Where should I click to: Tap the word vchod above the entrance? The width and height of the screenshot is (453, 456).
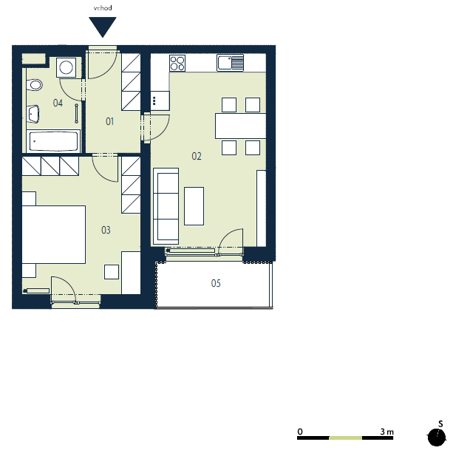click(103, 8)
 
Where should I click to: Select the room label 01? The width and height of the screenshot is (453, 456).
click(109, 121)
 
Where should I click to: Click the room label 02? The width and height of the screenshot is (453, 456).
click(197, 156)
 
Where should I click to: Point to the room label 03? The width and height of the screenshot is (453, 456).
click(106, 230)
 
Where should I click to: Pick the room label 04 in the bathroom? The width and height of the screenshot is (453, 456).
click(58, 103)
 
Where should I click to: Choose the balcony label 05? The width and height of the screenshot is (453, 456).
click(216, 283)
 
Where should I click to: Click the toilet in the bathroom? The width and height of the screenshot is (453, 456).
click(34, 85)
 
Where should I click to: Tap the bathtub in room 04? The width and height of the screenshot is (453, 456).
click(53, 141)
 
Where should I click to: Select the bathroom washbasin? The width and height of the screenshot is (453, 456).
click(33, 114)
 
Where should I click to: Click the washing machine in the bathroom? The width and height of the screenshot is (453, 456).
click(67, 67)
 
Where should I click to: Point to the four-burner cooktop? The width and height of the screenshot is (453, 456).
click(177, 63)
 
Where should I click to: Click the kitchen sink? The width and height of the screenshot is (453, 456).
click(231, 63)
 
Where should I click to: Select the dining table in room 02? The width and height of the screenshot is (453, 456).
click(240, 126)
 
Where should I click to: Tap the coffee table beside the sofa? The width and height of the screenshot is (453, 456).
click(194, 206)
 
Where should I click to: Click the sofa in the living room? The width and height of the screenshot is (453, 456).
click(166, 206)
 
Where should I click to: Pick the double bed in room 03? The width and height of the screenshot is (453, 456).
click(54, 235)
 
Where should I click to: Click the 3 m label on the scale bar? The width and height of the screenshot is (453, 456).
click(386, 432)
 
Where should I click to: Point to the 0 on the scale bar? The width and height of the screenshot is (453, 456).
click(300, 432)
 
